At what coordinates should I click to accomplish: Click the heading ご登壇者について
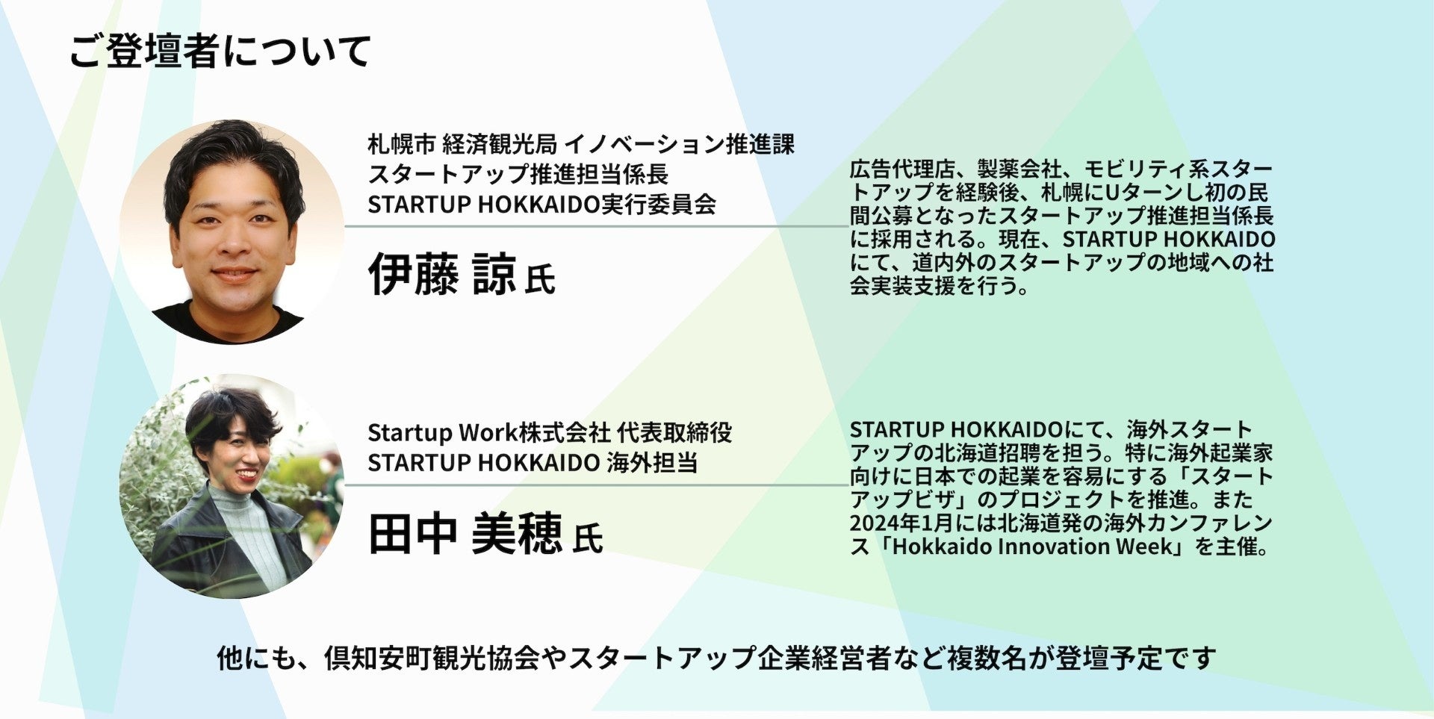tap(220, 52)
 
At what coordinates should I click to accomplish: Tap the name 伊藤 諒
tap(442, 274)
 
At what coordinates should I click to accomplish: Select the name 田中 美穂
tap(465, 533)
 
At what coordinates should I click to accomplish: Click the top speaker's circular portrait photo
tap(232, 231)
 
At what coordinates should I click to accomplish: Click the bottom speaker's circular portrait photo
tap(232, 486)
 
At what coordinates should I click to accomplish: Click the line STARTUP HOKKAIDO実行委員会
tap(541, 204)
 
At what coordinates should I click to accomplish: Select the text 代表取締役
tap(674, 432)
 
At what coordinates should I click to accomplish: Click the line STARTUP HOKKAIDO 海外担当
tap(533, 462)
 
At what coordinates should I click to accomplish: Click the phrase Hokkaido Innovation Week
tap(1033, 546)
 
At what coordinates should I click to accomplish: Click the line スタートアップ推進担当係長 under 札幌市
tap(518, 174)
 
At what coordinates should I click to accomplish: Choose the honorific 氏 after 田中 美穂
tap(588, 538)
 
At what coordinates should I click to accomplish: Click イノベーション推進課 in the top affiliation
tap(680, 143)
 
